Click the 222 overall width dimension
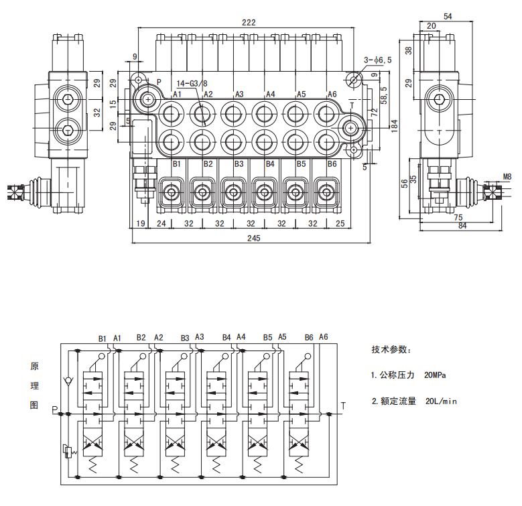click(249, 22)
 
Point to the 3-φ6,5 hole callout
click(379, 60)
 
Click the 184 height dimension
click(394, 125)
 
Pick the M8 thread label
click(507, 177)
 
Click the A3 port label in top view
click(239, 94)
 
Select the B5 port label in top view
click(301, 164)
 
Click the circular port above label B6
click(326, 141)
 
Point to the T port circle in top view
click(351, 127)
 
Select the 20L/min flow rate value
click(441, 401)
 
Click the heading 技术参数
click(391, 350)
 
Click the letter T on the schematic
click(343, 405)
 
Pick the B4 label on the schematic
click(226, 337)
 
